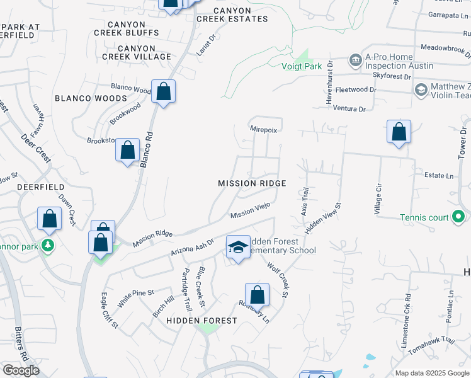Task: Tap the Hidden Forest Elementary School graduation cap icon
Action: (238, 246)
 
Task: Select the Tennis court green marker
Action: (459, 218)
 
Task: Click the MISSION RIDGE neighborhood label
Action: (252, 183)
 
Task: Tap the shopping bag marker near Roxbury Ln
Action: (257, 294)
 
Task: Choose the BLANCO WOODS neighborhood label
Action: (91, 98)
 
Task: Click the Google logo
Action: (21, 370)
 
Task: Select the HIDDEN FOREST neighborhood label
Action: (201, 321)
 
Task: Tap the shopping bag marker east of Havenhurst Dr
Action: (399, 132)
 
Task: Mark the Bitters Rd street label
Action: (20, 344)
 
